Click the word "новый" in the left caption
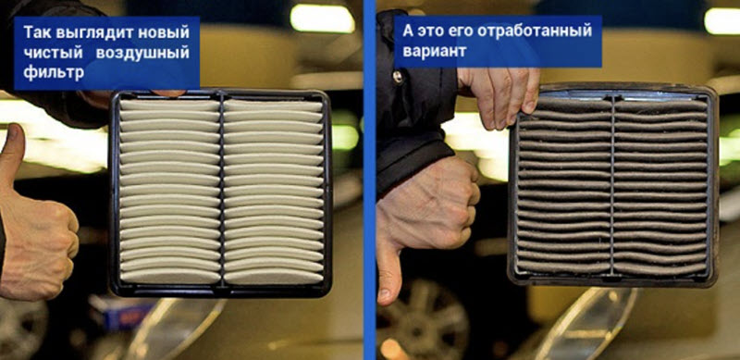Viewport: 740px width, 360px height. [166, 32]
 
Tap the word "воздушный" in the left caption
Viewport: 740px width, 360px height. [142, 52]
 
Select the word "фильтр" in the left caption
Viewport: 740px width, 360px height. [54, 73]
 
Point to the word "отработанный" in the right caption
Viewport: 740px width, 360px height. [535, 31]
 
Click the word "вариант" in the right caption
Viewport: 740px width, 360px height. [434, 51]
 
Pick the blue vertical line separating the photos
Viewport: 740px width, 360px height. [369, 180]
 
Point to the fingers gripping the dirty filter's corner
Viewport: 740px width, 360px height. [500, 97]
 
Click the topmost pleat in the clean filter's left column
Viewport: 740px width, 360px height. [169, 106]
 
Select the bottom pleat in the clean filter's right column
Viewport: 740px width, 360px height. [274, 278]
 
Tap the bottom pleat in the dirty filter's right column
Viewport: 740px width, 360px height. [660, 269]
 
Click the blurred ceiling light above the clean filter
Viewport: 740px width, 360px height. [322, 19]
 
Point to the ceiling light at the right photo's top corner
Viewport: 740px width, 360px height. [722, 21]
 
